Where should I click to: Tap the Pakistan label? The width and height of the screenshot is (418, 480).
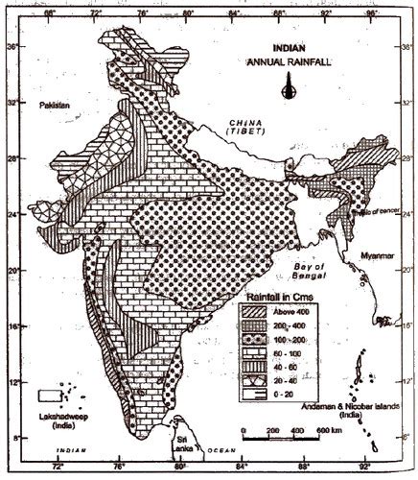(55, 107)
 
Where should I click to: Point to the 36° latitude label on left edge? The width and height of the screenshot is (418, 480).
(10, 45)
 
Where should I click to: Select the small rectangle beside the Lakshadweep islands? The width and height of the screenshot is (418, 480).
(48, 395)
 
